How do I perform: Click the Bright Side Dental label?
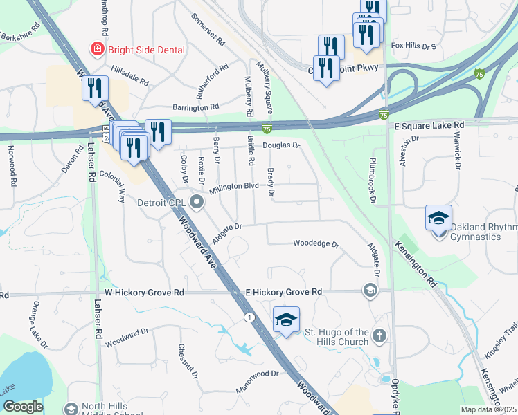146,50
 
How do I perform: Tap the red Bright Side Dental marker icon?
98,49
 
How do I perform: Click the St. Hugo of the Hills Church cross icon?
378,336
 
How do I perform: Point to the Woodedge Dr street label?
316,244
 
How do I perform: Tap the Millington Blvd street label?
234,187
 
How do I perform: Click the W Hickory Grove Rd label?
144,293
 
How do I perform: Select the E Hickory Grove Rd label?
284,293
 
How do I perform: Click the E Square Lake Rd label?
429,124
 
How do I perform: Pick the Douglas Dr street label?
280,146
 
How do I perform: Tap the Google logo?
23,407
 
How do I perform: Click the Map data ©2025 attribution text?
489,409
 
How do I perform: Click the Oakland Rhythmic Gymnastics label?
483,232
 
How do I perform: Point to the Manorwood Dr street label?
256,373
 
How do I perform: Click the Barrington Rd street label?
195,107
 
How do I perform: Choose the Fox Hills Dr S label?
413,46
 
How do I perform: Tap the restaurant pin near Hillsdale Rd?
95,89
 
